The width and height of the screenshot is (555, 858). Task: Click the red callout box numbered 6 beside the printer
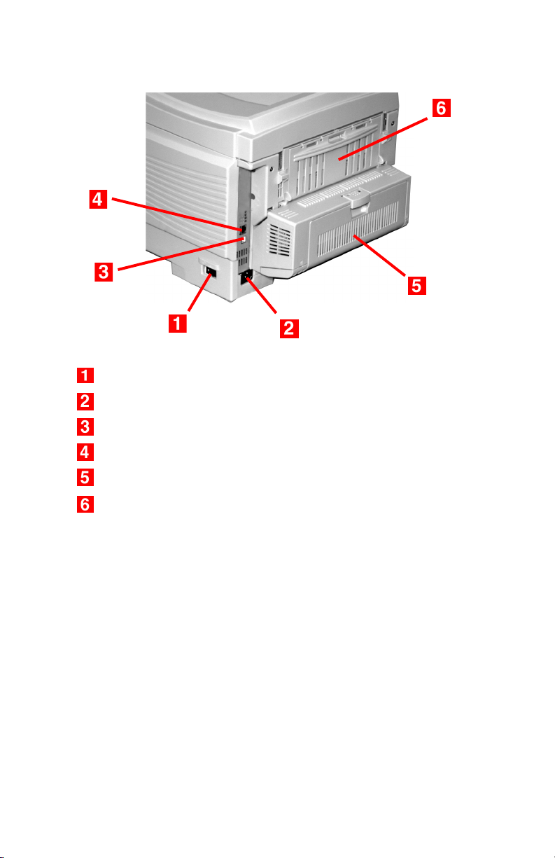pos(441,108)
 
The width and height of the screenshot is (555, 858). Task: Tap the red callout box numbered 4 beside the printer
pos(98,199)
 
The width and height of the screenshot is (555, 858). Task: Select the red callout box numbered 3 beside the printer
pos(104,272)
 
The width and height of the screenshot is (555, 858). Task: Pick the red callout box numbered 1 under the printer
pos(178,323)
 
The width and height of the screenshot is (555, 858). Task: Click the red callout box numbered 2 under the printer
pos(289,328)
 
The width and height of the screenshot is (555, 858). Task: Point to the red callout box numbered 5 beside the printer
pos(417,285)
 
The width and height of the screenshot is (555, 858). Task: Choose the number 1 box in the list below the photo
pos(85,375)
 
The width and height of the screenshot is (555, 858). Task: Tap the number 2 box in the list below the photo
pos(85,401)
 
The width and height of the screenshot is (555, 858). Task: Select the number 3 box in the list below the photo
pos(85,427)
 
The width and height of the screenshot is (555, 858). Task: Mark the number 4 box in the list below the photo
pos(85,452)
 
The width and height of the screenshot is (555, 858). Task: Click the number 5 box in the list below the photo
pos(85,478)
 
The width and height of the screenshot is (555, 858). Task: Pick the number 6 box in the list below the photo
pos(85,504)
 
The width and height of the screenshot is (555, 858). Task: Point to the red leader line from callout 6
pos(383,139)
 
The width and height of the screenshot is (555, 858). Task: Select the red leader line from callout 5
pos(379,256)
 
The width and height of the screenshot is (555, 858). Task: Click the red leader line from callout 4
pos(176,214)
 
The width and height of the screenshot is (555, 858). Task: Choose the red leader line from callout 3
pos(181,255)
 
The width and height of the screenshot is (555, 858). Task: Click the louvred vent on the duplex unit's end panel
pos(280,240)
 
